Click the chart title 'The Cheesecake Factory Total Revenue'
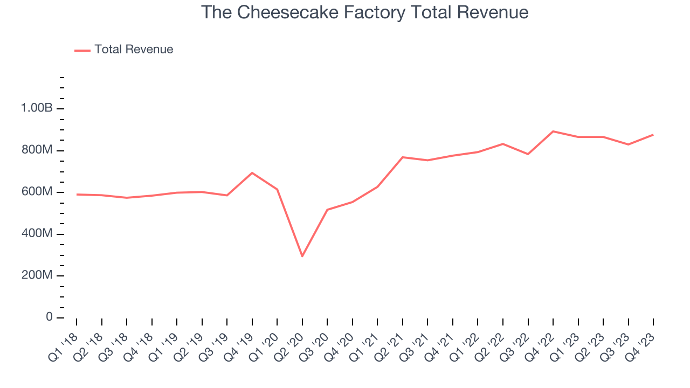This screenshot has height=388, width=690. [x=364, y=12]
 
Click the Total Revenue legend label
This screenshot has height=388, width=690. [x=134, y=50]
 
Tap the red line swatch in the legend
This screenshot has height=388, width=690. [x=82, y=50]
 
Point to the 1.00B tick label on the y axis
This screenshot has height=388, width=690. [x=37, y=108]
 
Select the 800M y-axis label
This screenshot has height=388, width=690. [x=37, y=150]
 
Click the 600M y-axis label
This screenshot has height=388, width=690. [x=37, y=192]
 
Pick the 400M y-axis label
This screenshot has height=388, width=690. [x=37, y=234]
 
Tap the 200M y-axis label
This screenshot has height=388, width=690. [x=37, y=276]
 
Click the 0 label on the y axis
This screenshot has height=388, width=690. [x=49, y=317]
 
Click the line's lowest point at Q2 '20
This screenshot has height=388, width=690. [x=302, y=256]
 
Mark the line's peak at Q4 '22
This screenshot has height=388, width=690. [x=553, y=131]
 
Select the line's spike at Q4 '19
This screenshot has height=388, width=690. [x=252, y=173]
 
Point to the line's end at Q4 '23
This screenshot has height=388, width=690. [x=653, y=135]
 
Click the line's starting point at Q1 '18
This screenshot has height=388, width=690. [x=77, y=195]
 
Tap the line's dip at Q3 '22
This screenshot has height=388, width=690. [x=528, y=154]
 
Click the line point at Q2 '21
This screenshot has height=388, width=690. [x=403, y=157]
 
